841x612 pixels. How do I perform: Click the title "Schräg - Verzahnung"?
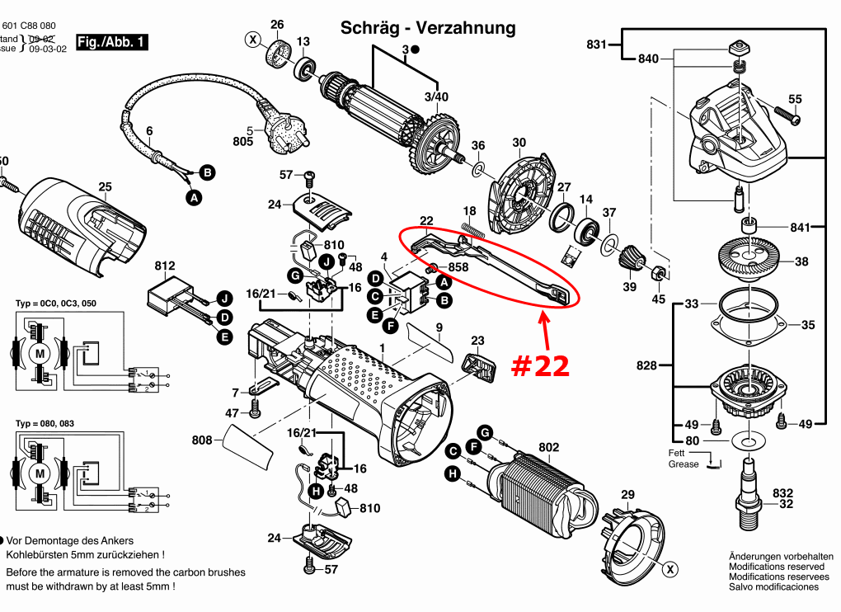click(428, 28)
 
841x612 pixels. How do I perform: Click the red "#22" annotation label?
click(540, 365)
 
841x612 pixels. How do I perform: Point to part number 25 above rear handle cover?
click(105, 187)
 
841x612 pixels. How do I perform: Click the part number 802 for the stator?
click(549, 447)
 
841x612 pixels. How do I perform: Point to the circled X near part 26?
click(252, 39)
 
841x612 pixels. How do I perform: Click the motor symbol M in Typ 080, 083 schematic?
click(39, 473)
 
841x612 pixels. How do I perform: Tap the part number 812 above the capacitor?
click(165, 266)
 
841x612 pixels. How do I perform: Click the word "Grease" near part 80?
click(684, 464)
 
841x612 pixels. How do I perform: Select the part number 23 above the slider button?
click(478, 341)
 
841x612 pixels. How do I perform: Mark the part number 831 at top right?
click(596, 44)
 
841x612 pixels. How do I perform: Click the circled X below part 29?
click(671, 568)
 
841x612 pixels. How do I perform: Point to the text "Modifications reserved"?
click(776, 567)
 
